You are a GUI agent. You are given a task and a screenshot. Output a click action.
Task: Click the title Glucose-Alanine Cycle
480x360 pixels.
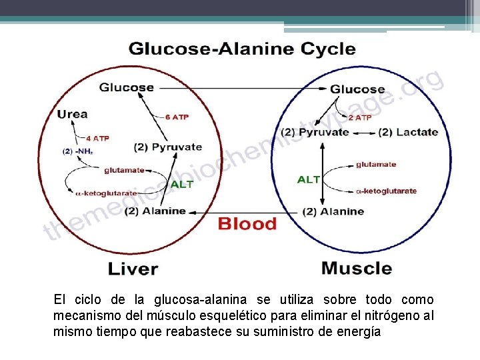point(242,49)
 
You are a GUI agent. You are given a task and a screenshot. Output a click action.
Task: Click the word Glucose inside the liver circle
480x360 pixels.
point(127,87)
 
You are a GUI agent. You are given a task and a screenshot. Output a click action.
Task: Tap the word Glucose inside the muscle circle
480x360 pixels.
point(357,89)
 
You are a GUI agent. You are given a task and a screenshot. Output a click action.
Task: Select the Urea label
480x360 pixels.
point(73,114)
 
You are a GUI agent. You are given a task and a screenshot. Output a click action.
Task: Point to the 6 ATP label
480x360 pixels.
point(177,117)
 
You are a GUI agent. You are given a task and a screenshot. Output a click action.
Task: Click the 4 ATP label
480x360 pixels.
point(97,139)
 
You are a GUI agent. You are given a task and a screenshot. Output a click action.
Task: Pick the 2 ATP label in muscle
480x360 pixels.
point(359,118)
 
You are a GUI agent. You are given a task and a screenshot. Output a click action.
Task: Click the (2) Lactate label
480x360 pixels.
point(408,132)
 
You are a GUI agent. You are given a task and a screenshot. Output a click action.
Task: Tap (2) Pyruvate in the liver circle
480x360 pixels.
point(167,147)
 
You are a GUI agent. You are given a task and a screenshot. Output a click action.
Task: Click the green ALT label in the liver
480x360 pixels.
point(182,184)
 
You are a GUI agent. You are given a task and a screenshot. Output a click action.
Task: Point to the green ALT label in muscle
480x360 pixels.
point(309,179)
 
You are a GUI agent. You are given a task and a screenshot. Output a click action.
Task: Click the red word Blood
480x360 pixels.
point(247,224)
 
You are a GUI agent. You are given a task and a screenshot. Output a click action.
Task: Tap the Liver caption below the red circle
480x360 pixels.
point(133,269)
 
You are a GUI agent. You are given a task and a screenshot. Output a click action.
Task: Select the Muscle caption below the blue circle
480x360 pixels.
point(357,269)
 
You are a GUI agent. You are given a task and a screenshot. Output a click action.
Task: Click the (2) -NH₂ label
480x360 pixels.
point(78,151)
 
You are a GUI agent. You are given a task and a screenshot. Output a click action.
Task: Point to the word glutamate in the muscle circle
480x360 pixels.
point(376,164)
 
